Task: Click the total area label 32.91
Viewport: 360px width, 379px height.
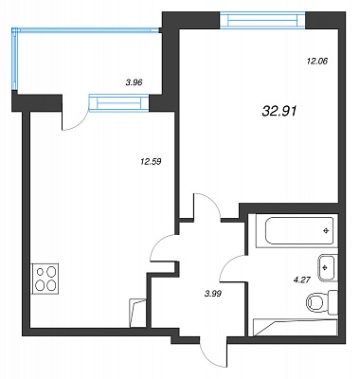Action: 279,111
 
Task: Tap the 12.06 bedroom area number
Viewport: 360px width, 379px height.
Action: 317,61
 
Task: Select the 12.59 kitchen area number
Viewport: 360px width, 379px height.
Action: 151,162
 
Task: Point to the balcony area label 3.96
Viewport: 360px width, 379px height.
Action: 135,82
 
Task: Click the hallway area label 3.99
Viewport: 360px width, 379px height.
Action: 213,294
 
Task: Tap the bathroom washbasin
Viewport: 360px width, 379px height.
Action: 328,267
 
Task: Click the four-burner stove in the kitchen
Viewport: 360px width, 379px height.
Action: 45,279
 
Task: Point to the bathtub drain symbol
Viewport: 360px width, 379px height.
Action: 326,231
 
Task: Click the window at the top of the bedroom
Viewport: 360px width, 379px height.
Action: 262,20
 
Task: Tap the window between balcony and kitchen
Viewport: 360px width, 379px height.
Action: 119,102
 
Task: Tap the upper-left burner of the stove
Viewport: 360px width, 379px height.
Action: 41,271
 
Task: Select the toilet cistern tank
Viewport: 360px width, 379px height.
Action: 333,302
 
